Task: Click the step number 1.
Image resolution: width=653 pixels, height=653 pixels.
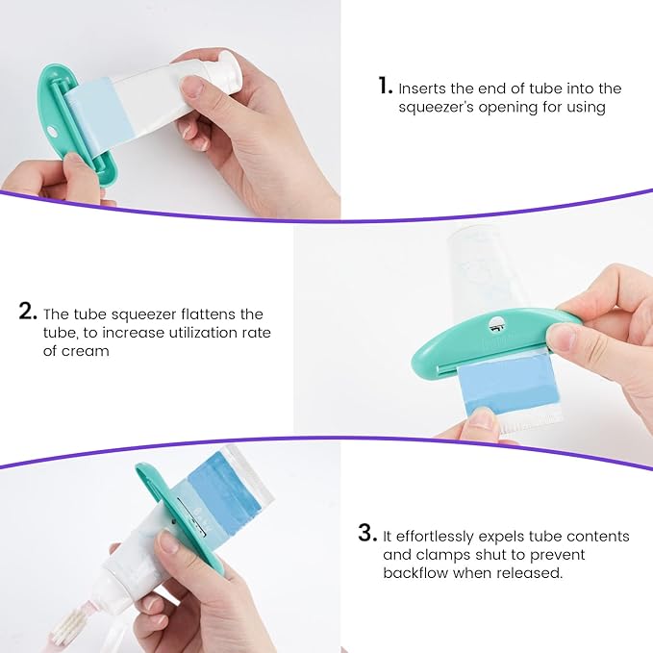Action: click(x=385, y=88)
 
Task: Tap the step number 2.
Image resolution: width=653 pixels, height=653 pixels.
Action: click(x=27, y=313)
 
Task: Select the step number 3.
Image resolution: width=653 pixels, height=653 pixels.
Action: click(x=365, y=534)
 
